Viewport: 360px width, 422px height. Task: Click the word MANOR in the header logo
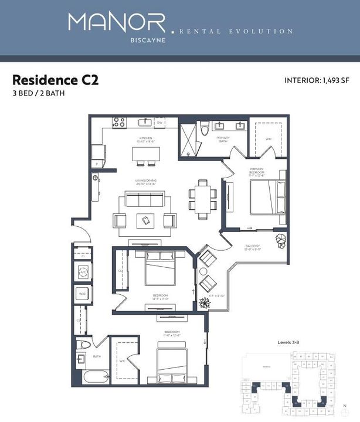click(x=117, y=23)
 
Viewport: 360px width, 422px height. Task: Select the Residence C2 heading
click(x=55, y=80)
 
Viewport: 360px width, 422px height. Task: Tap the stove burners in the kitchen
click(x=119, y=122)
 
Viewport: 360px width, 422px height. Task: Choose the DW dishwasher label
click(x=158, y=123)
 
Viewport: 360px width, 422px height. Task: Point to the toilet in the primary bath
click(x=203, y=130)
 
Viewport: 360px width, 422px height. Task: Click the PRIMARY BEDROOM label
click(x=256, y=171)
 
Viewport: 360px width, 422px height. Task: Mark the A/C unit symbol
click(x=83, y=271)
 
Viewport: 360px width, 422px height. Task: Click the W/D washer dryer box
click(x=83, y=294)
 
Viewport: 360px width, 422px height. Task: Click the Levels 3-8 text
click(x=289, y=342)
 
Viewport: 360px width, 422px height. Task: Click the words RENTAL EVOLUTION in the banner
click(x=236, y=31)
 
